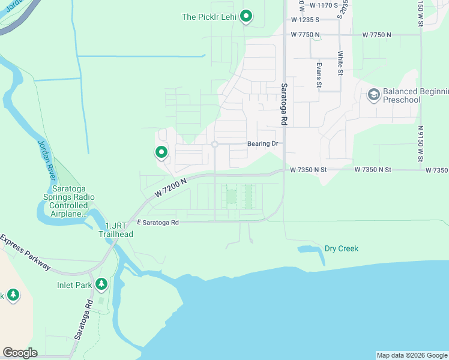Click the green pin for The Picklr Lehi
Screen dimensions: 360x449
pos(246,16)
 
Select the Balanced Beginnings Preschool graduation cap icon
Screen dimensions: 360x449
pos(373,95)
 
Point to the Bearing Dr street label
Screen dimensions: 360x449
pos(263,144)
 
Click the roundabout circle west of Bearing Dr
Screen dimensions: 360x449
pos(214,144)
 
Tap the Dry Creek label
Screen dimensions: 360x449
pos(341,248)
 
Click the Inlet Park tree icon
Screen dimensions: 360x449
pos(102,283)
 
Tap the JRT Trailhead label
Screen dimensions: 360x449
pos(116,230)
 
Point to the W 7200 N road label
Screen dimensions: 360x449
pos(170,188)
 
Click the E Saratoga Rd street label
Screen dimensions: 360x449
pos(158,222)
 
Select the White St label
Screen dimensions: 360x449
pos(340,63)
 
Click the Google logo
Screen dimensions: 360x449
pos(20,352)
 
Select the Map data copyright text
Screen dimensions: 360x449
pos(411,355)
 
